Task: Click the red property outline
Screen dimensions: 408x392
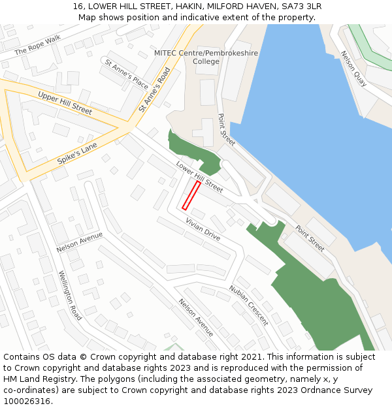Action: click(x=191, y=196)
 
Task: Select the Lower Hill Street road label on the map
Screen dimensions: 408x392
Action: click(x=199, y=177)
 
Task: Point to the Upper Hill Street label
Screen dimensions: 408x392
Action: click(x=65, y=103)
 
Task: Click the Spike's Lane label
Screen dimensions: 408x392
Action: click(x=77, y=151)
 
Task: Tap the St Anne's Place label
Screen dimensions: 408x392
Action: click(x=127, y=73)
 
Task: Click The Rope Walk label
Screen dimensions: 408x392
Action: click(x=37, y=45)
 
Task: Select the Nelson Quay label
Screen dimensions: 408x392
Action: click(x=353, y=69)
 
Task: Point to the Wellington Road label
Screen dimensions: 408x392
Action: click(x=70, y=295)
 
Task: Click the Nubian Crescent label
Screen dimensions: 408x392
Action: click(x=248, y=305)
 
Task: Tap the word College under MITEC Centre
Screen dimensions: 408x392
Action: click(x=206, y=61)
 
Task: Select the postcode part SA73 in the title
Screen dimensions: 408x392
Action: click(x=290, y=6)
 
